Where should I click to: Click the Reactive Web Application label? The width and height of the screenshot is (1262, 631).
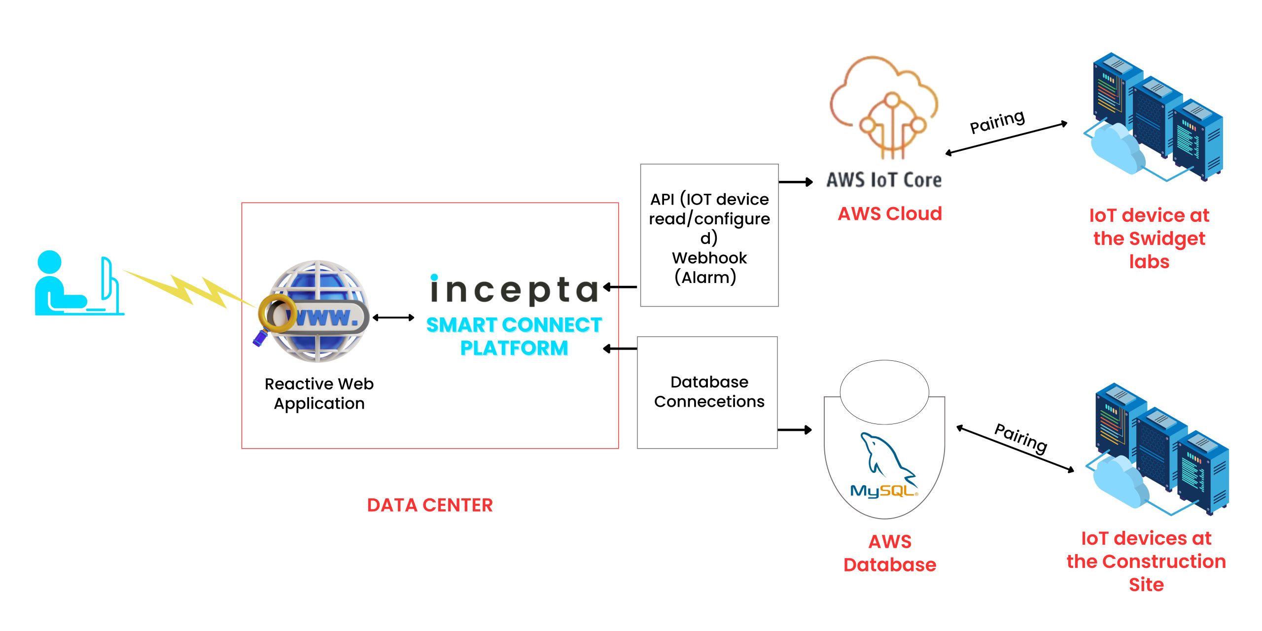click(319, 393)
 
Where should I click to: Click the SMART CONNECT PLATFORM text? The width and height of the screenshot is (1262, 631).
click(514, 336)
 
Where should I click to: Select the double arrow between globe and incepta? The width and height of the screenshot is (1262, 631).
click(393, 317)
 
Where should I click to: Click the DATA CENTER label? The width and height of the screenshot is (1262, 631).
click(429, 505)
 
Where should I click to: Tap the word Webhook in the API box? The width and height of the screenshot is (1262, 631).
click(709, 258)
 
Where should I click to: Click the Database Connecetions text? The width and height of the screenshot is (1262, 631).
click(709, 392)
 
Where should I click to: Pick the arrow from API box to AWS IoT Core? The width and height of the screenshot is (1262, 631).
click(795, 182)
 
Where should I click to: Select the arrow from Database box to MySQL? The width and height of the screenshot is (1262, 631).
click(794, 430)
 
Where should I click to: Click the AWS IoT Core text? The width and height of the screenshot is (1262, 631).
click(884, 180)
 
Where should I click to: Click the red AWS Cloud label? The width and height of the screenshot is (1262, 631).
click(890, 213)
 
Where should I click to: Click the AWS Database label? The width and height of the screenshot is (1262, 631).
click(890, 553)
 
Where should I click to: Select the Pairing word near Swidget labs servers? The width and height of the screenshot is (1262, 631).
click(997, 121)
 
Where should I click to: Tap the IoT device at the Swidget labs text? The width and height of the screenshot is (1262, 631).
click(1149, 239)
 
